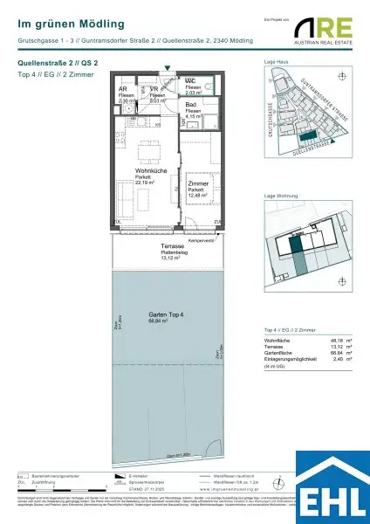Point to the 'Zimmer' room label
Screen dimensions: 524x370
(199, 184)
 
